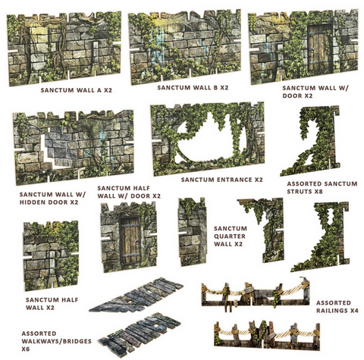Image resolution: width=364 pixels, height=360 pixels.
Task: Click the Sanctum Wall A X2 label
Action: point(76,90)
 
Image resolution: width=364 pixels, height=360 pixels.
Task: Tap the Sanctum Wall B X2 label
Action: point(193,88)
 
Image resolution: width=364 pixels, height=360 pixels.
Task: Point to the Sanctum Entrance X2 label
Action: point(221,180)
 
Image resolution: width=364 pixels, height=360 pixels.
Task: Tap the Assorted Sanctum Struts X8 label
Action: point(322,187)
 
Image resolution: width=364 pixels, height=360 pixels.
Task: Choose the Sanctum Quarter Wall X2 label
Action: point(231,236)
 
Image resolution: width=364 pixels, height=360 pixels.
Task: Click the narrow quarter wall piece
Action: point(192,232)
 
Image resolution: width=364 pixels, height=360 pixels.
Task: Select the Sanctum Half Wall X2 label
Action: point(52,304)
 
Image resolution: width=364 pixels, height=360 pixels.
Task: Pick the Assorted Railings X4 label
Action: point(337,306)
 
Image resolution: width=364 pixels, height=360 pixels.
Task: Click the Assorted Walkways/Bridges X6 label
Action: point(56,341)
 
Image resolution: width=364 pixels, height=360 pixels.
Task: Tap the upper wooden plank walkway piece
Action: point(136,294)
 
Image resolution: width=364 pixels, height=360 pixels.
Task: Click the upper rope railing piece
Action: point(256,293)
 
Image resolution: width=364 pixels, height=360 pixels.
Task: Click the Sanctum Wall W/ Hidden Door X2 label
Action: point(52,199)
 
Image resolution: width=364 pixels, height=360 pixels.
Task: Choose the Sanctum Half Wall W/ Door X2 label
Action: point(129,192)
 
